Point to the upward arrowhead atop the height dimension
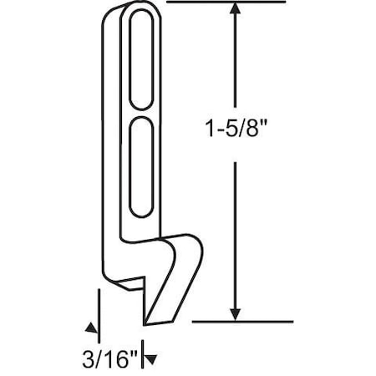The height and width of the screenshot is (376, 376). pos(236,10)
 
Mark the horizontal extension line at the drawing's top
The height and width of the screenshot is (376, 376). pos(226,3)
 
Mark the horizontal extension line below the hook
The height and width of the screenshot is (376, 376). pos(242,321)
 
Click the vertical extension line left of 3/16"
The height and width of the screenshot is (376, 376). pos(99,313)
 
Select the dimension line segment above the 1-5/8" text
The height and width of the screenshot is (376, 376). pos(236,67)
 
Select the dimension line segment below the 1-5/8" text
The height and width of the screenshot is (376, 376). pos(236,234)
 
